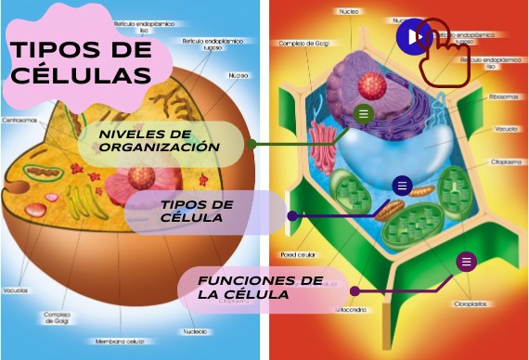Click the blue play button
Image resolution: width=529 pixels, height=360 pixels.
click(x=413, y=37)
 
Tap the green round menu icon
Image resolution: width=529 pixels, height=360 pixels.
click(x=364, y=114)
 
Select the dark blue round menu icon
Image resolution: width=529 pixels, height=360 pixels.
click(x=401, y=186)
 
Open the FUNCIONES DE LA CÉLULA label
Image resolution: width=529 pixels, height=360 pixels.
click(x=260, y=287)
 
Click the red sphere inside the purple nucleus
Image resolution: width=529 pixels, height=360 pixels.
click(x=371, y=87)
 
